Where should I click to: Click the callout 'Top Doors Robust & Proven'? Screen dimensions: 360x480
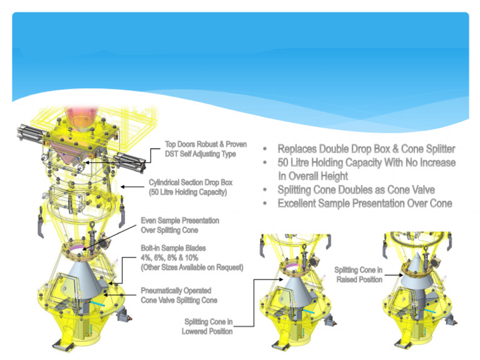[x=206, y=144]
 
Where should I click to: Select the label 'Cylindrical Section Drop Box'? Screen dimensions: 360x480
[x=190, y=182]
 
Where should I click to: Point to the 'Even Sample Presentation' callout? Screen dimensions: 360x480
[x=179, y=221]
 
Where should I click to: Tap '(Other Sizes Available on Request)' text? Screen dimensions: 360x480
[x=192, y=267]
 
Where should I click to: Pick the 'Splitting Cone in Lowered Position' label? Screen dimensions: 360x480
[x=207, y=326]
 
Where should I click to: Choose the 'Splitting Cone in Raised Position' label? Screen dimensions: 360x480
[x=358, y=274]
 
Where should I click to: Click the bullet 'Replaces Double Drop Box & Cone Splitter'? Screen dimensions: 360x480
[x=366, y=149]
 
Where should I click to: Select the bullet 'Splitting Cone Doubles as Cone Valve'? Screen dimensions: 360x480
[x=356, y=189]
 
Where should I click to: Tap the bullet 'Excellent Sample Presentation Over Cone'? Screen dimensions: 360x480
[x=365, y=203]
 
